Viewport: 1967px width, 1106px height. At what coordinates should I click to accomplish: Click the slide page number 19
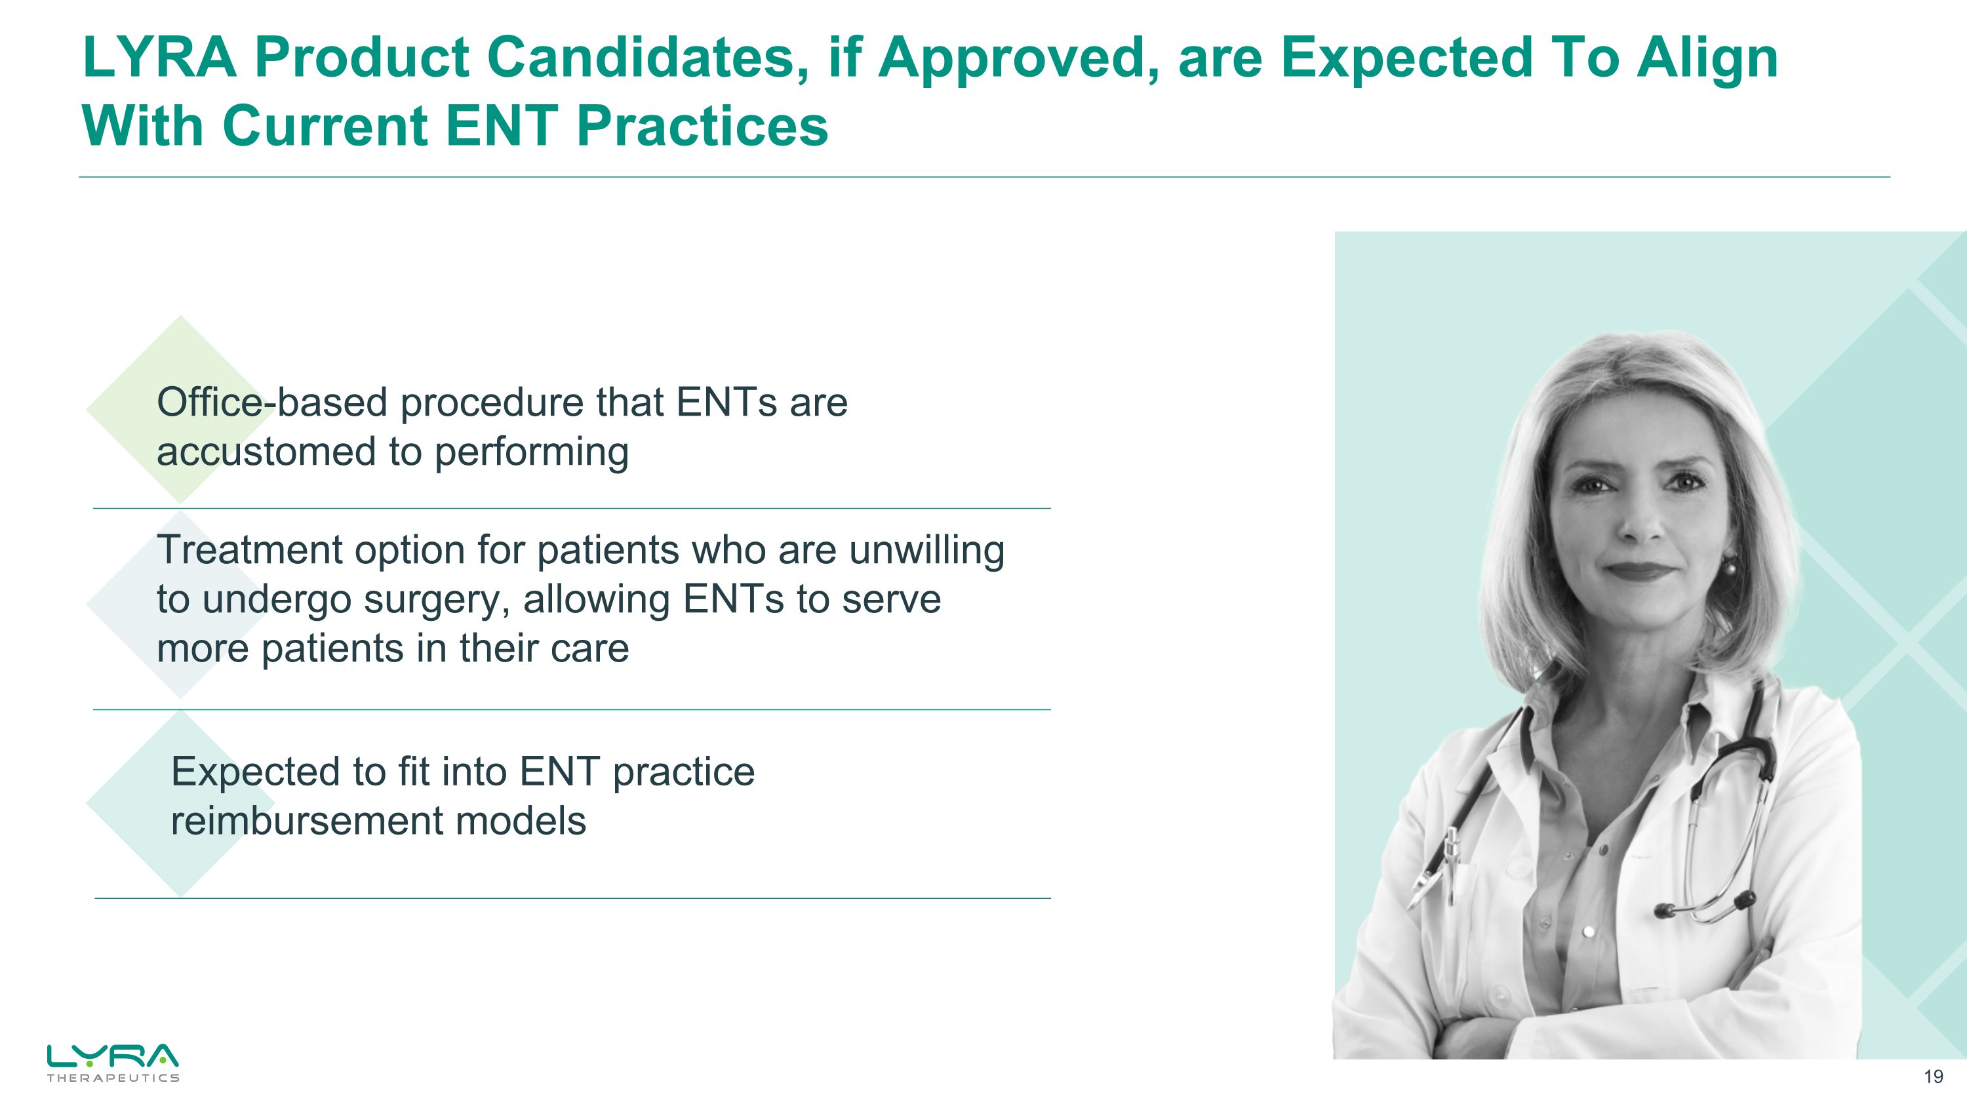pos(1933,1077)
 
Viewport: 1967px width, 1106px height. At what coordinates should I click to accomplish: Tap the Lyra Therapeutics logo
pos(112,1061)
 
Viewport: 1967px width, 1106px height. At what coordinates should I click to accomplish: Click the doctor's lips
pos(1644,571)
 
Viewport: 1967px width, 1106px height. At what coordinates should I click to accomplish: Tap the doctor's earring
pos(1730,567)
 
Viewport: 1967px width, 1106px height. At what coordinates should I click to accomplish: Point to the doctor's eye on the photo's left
pos(1591,484)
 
